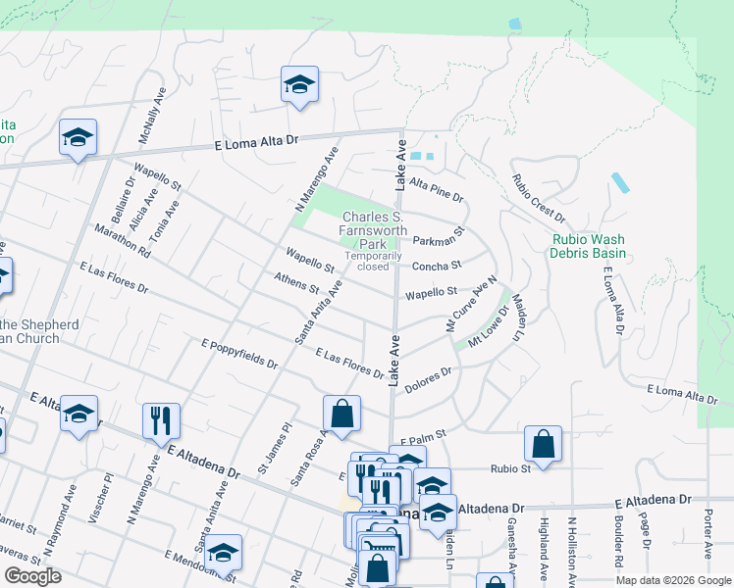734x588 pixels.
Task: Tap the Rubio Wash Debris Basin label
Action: pyautogui.click(x=589, y=245)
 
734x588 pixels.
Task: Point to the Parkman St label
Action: pyautogui.click(x=437, y=240)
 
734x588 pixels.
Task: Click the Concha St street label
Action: pyautogui.click(x=437, y=266)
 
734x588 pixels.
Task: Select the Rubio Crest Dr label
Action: pyautogui.click(x=538, y=197)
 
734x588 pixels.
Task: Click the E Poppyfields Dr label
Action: pyautogui.click(x=238, y=354)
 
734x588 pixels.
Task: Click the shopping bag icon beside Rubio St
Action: pyautogui.click(x=543, y=444)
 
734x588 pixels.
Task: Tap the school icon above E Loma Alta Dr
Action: pyautogui.click(x=299, y=85)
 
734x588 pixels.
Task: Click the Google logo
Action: pyautogui.click(x=33, y=576)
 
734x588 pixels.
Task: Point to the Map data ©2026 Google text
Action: pyautogui.click(x=673, y=580)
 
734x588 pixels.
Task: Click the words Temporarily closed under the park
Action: pyautogui.click(x=373, y=261)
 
